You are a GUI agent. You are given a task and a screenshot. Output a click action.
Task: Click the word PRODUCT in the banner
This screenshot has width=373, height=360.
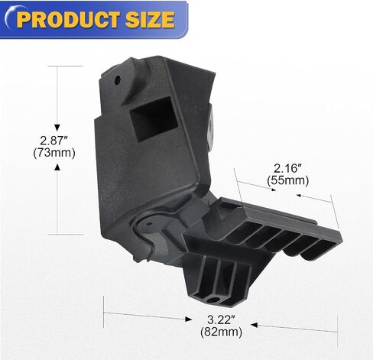[69, 20]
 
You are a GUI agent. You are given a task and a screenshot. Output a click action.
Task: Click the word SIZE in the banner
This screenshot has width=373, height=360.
[150, 20]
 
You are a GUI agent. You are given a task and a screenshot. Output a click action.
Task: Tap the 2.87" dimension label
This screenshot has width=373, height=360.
[54, 141]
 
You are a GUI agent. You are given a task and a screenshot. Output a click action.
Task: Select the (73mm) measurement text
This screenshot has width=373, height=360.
[54, 153]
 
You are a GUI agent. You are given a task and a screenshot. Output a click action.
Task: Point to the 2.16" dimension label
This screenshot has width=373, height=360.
[287, 168]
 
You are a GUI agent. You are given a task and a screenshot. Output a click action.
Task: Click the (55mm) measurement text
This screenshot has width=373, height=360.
[287, 180]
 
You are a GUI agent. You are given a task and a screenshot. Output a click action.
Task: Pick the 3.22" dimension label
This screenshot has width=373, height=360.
[221, 319]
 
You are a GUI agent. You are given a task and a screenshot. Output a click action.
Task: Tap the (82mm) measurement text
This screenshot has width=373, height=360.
[221, 332]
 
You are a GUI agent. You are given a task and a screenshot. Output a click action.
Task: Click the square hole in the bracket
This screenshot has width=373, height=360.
[154, 119]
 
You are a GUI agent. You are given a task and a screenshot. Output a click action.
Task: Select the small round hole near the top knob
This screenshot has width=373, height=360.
[117, 80]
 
